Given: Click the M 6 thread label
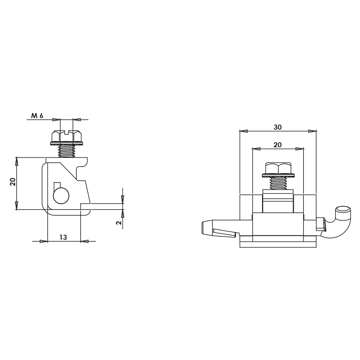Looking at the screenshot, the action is tap(37, 116).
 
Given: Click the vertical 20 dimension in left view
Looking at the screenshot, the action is tap(13, 182).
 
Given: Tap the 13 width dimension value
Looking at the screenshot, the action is tap(63, 237).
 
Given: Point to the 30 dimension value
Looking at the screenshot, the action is tap(278, 127).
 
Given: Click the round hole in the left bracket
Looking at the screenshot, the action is tap(61, 196).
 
